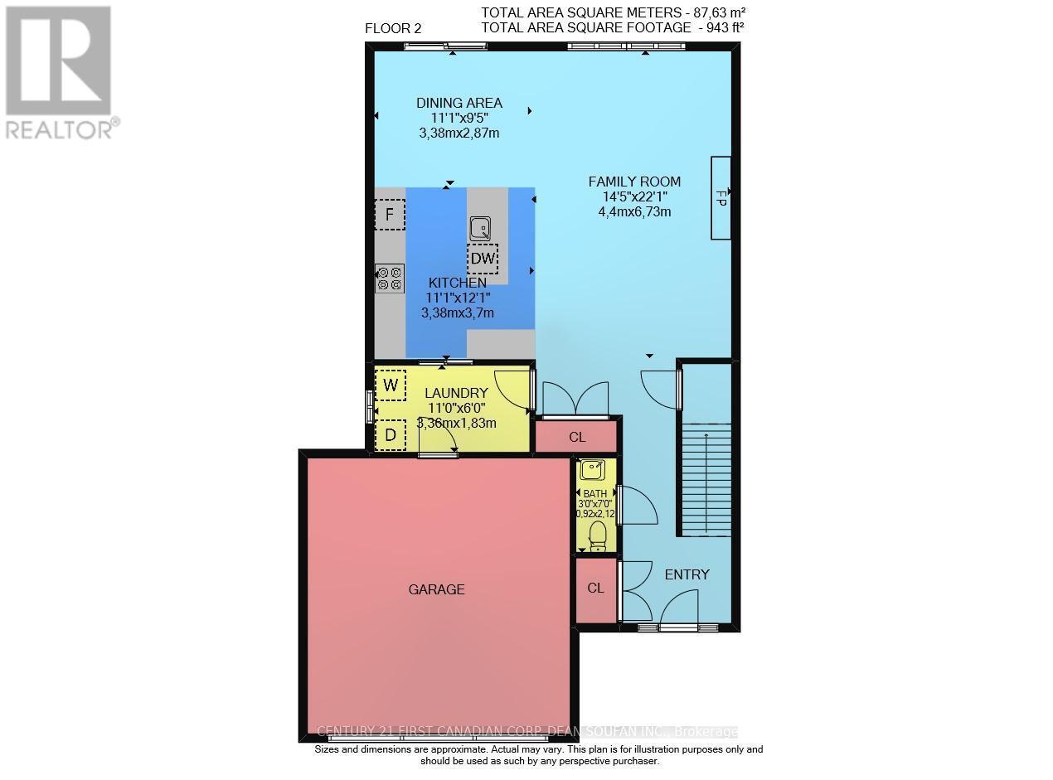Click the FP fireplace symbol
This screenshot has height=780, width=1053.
[x=720, y=198]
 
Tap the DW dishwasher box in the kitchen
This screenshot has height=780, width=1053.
[x=483, y=258]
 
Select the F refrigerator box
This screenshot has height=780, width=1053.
[x=390, y=215]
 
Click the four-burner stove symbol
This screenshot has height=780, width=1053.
[x=390, y=278]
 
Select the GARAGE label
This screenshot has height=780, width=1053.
[x=436, y=589]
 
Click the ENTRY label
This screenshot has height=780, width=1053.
[x=687, y=574]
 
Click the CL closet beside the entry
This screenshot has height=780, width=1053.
[x=595, y=589]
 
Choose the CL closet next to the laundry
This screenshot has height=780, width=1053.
[x=576, y=436]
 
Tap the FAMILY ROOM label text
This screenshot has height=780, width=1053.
[x=634, y=182]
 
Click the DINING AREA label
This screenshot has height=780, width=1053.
[x=459, y=104]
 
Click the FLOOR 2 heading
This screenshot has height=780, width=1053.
[x=393, y=28]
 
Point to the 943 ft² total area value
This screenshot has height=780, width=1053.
[x=717, y=27]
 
